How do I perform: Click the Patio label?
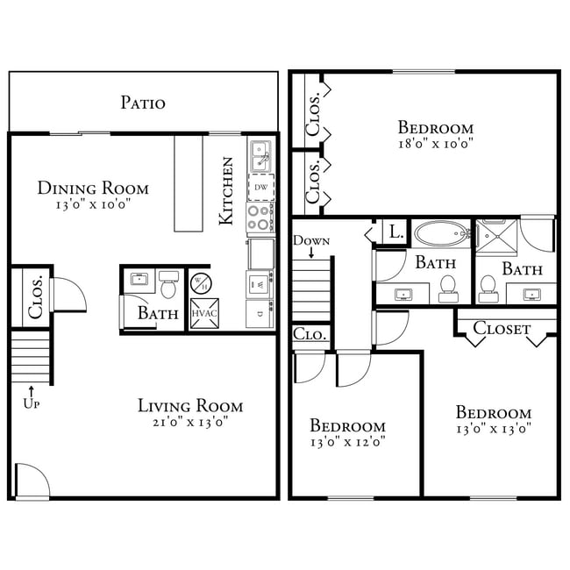pos(142,103)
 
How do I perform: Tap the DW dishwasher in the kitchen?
pos(260,188)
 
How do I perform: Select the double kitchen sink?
pos(260,157)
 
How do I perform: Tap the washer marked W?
pos(260,284)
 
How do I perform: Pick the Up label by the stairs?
pos(32,403)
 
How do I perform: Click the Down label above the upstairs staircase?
pos(311,240)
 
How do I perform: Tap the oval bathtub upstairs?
pos(441,233)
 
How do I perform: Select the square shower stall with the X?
pos(495,234)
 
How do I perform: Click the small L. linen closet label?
pos(396,232)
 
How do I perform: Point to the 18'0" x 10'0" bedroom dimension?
pos(435,144)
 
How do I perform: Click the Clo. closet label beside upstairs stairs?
pos(310,335)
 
